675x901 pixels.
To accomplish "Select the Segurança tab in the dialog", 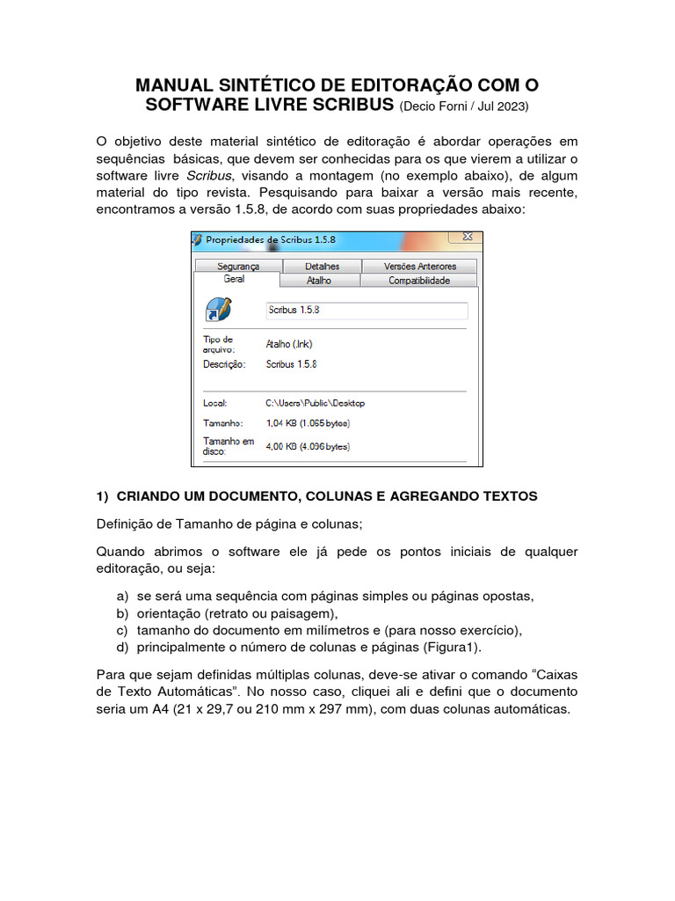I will coord(238,266).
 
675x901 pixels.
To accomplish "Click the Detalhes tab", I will coord(322,266).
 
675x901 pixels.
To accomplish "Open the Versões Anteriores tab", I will coord(420,266).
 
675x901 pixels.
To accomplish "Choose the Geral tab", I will coord(234,279).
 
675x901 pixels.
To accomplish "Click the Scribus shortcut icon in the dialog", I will coord(218,310).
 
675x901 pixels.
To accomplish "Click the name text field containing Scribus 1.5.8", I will coord(367,311).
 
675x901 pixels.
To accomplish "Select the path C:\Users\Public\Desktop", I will coord(315,403).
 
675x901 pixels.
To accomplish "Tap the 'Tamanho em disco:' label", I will coord(229,446).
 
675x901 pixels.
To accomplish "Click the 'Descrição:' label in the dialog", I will coord(225,363).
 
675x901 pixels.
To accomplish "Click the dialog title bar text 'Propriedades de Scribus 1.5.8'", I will coord(270,239).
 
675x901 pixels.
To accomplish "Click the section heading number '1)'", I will coord(102,496).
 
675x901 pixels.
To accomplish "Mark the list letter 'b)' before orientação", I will coord(122,613).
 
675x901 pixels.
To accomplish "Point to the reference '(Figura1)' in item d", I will coord(450,647).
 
